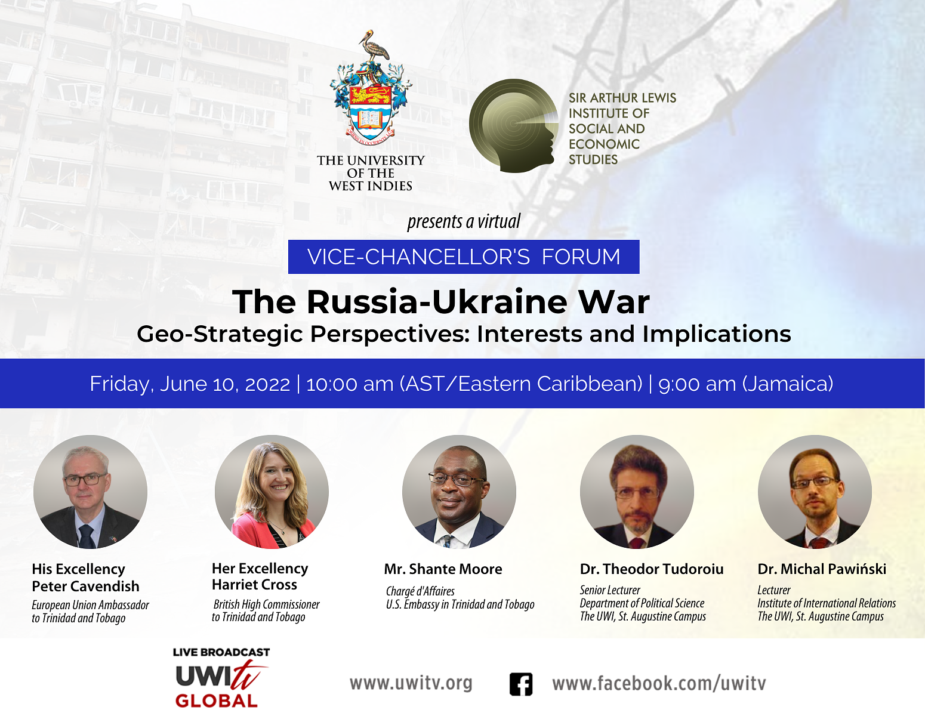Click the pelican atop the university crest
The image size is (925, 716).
click(x=374, y=45)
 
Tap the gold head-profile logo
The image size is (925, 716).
click(x=514, y=125)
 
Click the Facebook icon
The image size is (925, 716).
click(x=520, y=684)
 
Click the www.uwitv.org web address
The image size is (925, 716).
click(x=411, y=683)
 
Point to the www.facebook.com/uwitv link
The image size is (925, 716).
click(x=659, y=683)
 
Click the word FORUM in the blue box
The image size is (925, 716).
click(x=581, y=257)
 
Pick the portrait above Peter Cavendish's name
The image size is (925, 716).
click(x=90, y=492)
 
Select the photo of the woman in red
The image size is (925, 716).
click(x=272, y=492)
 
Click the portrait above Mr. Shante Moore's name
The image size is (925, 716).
click(x=459, y=492)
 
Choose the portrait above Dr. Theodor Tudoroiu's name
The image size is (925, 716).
click(x=637, y=492)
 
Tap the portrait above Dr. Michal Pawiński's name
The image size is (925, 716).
click(x=815, y=492)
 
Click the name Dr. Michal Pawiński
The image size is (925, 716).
click(x=822, y=569)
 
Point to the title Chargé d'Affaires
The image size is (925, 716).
click(x=420, y=591)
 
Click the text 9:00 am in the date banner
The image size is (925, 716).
click(x=697, y=384)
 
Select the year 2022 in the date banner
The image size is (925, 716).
click(x=267, y=384)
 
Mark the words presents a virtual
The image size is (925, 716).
click(x=464, y=221)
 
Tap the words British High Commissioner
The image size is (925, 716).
click(x=267, y=604)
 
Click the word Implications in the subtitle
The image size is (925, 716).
click(x=716, y=334)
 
